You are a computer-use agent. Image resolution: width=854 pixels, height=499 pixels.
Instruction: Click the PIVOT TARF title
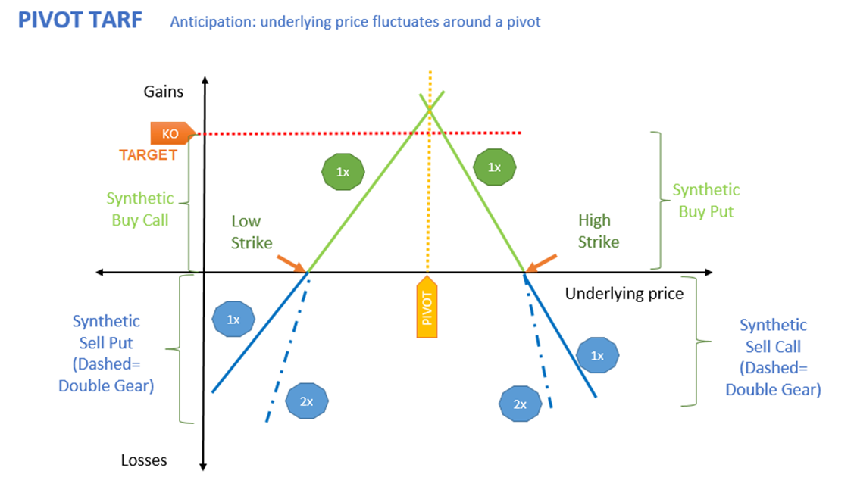[x=80, y=20]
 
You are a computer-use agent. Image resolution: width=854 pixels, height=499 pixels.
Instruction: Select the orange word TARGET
[x=148, y=155]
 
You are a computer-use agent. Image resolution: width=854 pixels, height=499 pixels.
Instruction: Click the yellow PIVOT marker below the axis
[x=427, y=309]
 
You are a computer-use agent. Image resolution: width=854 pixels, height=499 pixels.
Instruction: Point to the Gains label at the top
[x=164, y=92]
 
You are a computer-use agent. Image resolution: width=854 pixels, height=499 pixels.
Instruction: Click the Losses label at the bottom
[x=144, y=460]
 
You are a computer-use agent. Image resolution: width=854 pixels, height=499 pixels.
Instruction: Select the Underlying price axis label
[x=624, y=293]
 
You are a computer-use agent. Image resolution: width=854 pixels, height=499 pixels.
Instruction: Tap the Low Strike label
[x=246, y=231]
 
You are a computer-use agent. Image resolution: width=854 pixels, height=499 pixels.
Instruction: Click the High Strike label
[x=599, y=231]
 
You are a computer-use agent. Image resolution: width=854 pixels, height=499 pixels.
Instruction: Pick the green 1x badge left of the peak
[x=343, y=172]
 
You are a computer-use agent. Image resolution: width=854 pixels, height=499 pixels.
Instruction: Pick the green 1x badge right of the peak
[x=494, y=167]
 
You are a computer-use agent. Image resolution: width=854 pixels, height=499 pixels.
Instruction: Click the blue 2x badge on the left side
[x=306, y=401]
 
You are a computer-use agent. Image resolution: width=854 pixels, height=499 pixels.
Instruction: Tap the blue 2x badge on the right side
[x=520, y=404]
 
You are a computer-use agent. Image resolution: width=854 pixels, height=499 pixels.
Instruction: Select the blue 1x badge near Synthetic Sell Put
[x=233, y=320]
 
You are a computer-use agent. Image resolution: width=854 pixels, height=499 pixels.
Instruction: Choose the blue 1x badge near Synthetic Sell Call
[x=597, y=356]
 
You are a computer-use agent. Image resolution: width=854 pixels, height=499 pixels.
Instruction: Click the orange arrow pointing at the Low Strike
[x=291, y=263]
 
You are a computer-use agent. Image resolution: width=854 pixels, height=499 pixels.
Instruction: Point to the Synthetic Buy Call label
[x=140, y=209]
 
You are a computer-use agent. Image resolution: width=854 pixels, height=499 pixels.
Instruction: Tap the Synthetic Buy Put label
[x=706, y=201]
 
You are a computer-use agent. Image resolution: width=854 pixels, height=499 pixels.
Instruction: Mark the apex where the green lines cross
[x=430, y=110]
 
